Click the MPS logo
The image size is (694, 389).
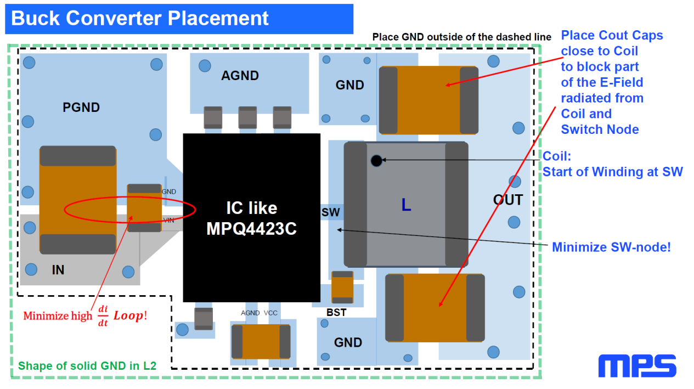637,366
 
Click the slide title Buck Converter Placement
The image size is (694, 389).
140,18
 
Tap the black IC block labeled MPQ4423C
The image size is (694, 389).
251,218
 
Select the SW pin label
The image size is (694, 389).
331,212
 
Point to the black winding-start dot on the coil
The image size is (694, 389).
376,161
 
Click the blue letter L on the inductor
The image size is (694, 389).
406,205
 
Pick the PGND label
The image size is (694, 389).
81,108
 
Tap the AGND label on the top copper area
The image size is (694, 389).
240,76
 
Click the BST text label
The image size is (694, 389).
336,312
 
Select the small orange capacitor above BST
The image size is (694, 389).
342,287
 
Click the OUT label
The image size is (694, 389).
507,200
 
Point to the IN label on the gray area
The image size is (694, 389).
58,269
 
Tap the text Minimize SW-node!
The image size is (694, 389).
611,247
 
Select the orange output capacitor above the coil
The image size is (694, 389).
428,100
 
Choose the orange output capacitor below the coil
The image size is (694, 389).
435,308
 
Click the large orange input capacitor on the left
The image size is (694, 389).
78,200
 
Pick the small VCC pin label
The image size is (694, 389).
270,313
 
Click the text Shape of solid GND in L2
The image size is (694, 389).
87,366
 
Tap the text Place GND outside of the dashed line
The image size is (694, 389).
461,37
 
